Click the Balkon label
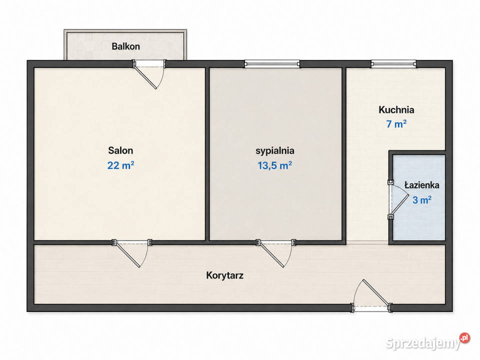[125, 46]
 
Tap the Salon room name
[120, 150]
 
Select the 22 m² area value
[120, 165]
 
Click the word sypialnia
[275, 151]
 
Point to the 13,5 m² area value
[274, 165]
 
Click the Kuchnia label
[396, 109]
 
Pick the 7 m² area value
[396, 124]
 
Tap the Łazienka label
[422, 185]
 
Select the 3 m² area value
[422, 200]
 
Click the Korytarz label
[225, 275]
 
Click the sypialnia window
[272, 64]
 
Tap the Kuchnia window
[393, 64]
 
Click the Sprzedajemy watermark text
[423, 343]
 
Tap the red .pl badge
[464, 337]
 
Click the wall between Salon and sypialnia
[207, 154]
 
